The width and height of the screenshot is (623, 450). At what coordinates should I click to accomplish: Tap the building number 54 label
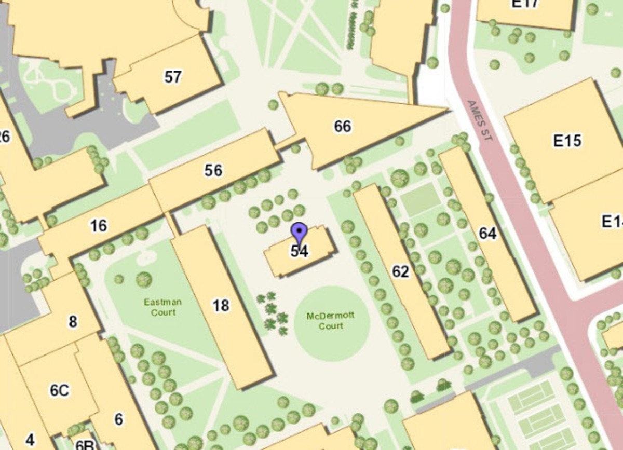tap(300, 251)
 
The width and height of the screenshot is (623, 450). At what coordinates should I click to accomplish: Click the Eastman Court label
tap(163, 307)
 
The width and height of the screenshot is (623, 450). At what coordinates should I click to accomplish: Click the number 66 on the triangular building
tap(343, 126)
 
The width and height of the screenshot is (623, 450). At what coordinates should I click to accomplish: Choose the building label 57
tap(173, 77)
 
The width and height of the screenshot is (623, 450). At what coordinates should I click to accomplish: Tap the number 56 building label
tap(213, 170)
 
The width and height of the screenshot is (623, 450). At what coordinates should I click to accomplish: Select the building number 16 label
tap(99, 225)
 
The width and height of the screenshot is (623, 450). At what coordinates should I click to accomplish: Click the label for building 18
tap(221, 305)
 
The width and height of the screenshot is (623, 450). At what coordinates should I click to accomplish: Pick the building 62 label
tap(400, 271)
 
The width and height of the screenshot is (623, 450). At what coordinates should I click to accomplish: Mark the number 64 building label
tap(487, 234)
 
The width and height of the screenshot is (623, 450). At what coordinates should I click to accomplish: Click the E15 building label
tap(567, 141)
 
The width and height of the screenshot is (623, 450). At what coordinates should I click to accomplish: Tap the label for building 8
tap(73, 322)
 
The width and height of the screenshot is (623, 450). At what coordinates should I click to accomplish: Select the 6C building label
tap(59, 390)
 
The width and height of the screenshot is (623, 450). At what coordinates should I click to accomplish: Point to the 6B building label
tap(84, 445)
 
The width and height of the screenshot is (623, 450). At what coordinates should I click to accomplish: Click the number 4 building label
tap(30, 440)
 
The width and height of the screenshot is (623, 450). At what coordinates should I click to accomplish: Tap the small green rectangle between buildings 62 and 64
tap(421, 200)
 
